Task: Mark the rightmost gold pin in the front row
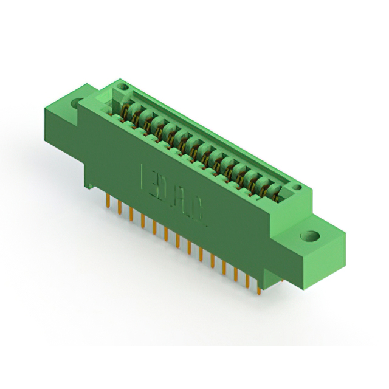point(260,286)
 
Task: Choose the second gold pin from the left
point(120,207)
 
